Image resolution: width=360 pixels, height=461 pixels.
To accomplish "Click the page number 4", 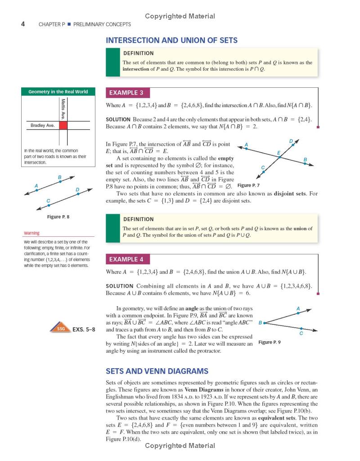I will [23, 24].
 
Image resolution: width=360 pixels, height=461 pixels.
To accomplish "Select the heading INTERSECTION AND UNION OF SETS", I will [171, 41].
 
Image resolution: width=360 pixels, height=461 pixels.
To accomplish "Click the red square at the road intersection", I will [63, 126].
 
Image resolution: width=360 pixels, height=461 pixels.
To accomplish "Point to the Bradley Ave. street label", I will [42, 126].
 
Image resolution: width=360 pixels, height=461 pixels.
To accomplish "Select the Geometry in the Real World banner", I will [58, 92].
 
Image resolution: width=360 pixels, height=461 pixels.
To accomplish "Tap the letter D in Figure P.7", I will [291, 141].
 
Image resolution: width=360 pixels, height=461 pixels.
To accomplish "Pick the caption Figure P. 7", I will [248, 185].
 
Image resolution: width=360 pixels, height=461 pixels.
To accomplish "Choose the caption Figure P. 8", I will [58, 217].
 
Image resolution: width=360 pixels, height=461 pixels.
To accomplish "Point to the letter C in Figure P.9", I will [301, 334].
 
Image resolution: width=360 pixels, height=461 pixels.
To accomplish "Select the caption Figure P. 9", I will [270, 343].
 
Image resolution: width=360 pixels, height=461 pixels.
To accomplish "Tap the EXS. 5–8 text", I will [84, 329].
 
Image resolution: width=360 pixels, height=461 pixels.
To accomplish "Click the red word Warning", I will [31, 233].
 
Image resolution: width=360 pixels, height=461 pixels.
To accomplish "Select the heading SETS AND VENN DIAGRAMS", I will [157, 371].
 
